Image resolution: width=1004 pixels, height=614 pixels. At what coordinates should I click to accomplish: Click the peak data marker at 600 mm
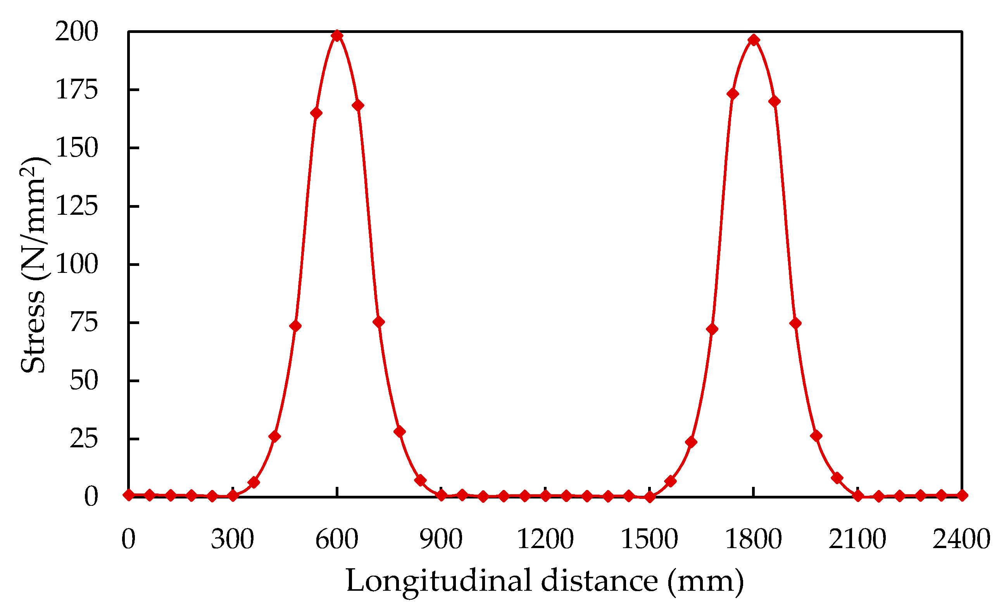[x=336, y=36]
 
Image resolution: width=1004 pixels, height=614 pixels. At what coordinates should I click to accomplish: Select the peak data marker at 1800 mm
[x=754, y=40]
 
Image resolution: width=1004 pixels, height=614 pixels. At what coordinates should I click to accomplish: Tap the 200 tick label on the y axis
[x=77, y=31]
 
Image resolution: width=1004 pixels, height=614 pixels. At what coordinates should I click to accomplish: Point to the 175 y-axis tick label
[x=77, y=90]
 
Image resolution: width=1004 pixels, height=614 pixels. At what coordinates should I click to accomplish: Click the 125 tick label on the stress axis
[x=77, y=206]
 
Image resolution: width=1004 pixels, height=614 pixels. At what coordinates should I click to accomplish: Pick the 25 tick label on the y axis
[x=84, y=439]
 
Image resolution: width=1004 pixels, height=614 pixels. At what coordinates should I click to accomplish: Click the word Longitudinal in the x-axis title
[x=438, y=581]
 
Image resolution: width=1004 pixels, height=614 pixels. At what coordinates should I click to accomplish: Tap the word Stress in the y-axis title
[x=33, y=332]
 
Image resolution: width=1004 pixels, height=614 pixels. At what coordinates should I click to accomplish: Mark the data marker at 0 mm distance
[x=129, y=495]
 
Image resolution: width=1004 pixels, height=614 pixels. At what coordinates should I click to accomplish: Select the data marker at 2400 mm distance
[x=962, y=495]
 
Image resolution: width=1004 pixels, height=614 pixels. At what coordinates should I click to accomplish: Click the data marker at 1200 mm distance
[x=545, y=496]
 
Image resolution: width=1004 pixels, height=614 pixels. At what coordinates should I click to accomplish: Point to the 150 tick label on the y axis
[x=77, y=148]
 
